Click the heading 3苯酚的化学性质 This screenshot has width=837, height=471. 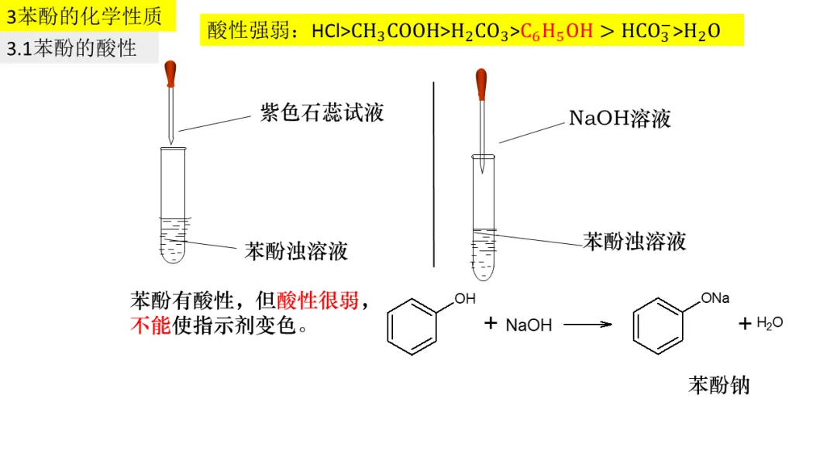click(x=85, y=15)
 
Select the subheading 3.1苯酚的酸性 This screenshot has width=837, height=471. click(x=71, y=48)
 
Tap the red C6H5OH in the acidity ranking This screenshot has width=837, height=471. click(x=556, y=32)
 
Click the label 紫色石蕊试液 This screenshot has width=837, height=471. click(x=322, y=113)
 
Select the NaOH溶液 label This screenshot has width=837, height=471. click(x=619, y=119)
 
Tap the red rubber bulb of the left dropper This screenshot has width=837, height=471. click(x=170, y=74)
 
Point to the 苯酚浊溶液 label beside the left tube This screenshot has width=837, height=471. click(x=296, y=251)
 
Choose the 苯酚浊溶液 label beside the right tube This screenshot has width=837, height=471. click(x=635, y=241)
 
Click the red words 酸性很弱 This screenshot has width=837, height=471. click(x=318, y=301)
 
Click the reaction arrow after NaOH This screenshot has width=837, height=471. click(x=588, y=325)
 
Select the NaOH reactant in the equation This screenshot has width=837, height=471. click(x=529, y=325)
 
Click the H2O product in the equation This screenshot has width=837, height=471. click(x=769, y=323)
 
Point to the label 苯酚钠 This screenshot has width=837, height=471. click(x=718, y=385)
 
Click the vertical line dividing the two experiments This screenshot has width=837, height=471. click(x=433, y=174)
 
